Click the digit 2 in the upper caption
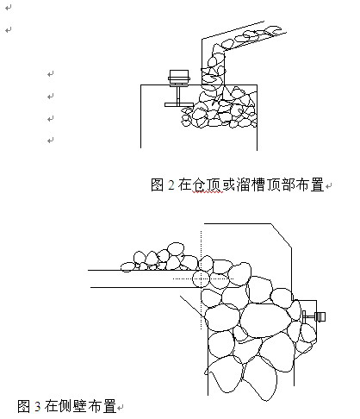tap(171, 184)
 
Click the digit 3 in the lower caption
tap(38, 406)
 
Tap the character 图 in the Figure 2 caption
tap(158, 184)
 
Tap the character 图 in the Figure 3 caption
tap(24, 406)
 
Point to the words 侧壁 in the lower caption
tap(73, 406)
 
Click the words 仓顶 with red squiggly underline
tap(207, 184)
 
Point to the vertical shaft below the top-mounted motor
tap(178, 94)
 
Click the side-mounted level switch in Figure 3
tap(314, 316)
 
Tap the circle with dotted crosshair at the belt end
tap(201, 278)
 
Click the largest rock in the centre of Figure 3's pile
tap(265, 320)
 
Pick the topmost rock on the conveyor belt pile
tap(176, 248)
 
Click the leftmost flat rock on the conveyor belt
tap(127, 267)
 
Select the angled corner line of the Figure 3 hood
tap(282, 235)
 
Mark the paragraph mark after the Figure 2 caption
tap(329, 185)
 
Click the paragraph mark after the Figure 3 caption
tap(121, 408)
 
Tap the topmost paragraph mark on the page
tap(9, 8)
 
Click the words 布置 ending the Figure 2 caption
tap(310, 184)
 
